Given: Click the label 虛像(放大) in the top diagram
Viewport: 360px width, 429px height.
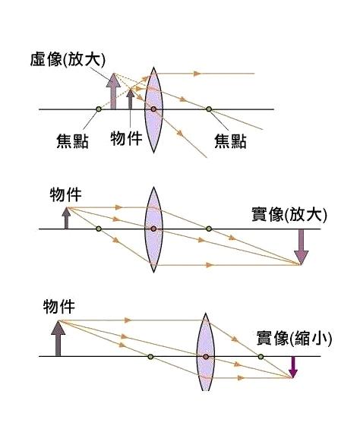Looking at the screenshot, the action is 68,59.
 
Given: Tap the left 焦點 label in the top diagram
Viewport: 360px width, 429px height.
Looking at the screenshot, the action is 72,141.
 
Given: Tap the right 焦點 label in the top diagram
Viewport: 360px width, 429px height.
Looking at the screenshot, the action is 230,141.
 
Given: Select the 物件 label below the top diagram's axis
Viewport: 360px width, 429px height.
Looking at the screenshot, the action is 127,138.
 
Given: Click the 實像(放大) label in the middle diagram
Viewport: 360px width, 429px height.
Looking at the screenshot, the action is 289,214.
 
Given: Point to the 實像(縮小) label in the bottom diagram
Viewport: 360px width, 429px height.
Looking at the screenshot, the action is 294,338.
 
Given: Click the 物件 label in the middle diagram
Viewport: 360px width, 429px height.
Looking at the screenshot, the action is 66,194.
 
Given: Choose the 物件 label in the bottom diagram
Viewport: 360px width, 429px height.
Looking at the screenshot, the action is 59,307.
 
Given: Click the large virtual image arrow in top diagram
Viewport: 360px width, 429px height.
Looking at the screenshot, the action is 113,91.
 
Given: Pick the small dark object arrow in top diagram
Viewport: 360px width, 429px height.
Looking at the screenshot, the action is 131,99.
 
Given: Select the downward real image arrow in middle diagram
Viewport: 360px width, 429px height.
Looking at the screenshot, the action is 302,247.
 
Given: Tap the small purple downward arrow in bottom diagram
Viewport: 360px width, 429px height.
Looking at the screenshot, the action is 293,367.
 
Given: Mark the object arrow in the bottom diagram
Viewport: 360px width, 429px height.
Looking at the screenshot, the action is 58,338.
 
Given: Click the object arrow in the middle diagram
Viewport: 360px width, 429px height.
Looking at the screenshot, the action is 66,219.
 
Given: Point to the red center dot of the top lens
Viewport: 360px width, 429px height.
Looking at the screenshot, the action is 153,109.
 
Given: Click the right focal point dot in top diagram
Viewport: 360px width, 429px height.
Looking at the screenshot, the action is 209,109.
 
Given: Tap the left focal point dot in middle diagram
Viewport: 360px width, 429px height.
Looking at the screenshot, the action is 99,229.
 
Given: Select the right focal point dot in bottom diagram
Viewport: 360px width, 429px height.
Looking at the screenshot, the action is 261,357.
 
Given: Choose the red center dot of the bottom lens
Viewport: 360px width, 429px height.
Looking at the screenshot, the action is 206,357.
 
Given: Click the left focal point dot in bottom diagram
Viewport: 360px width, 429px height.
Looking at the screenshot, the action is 150,357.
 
